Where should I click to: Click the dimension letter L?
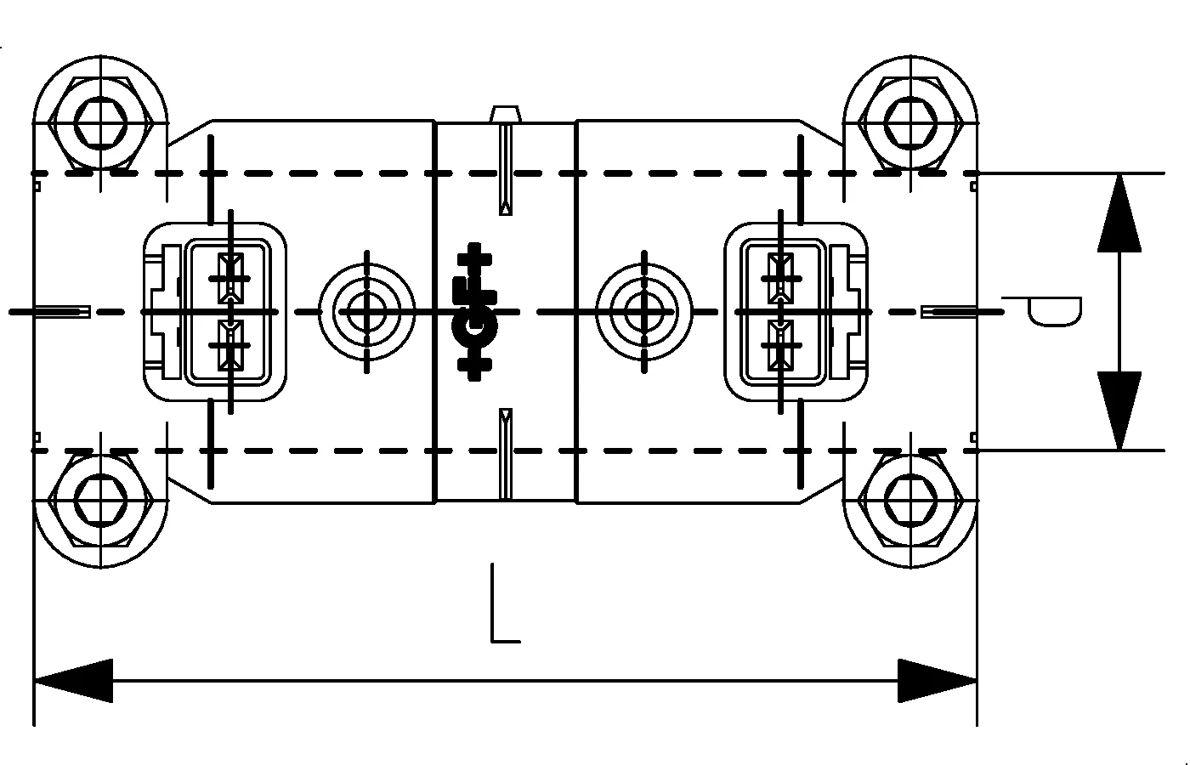tap(503, 605)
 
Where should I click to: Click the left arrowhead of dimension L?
tap(73, 680)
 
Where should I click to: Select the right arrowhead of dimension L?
tap(937, 680)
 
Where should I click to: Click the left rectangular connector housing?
tap(214, 311)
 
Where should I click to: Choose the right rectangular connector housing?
tap(796, 311)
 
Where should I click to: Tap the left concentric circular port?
tap(366, 311)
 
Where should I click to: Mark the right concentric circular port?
tap(644, 311)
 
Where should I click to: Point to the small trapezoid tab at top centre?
tap(505, 114)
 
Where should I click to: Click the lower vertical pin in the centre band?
tap(506, 452)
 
